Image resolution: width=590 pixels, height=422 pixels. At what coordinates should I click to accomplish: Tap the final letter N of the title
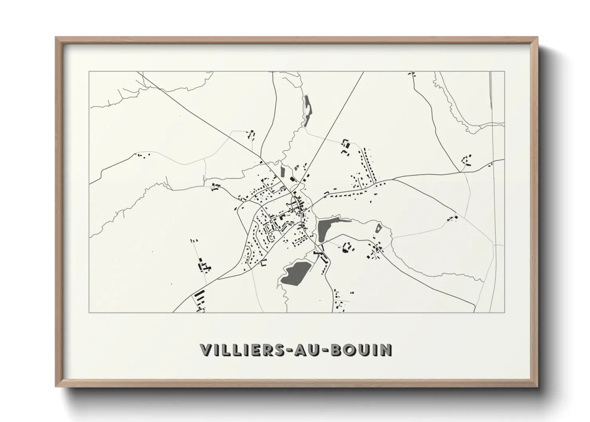pyautogui.click(x=386, y=350)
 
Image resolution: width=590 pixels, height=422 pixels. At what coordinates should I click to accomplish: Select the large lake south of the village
pyautogui.click(x=295, y=273)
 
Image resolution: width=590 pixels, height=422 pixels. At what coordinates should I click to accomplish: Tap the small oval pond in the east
pyautogui.click(x=378, y=229)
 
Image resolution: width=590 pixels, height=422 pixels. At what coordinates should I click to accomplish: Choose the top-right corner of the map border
pyautogui.click(x=505, y=71)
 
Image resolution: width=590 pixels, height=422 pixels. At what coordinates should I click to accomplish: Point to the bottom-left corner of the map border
pyautogui.click(x=89, y=312)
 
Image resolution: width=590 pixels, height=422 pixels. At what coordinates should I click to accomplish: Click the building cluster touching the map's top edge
pyautogui.click(x=411, y=74)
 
